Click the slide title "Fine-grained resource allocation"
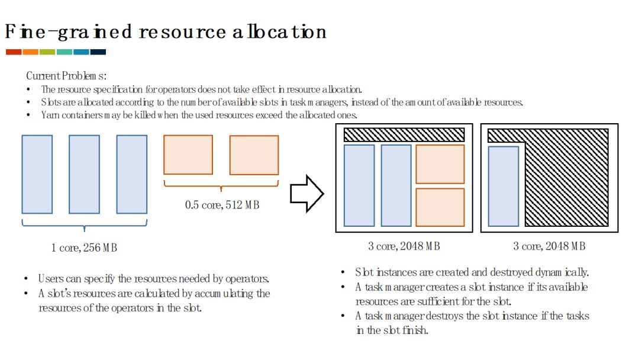[165, 31]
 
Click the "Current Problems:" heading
[66, 76]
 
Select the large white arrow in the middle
[306, 193]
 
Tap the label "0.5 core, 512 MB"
[222, 205]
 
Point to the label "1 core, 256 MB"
[84, 247]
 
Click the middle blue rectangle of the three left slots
[84, 174]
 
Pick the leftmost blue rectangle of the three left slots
[37, 174]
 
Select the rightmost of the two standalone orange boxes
[254, 155]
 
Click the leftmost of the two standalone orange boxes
[188, 155]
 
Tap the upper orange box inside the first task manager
[440, 164]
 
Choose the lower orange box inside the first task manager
[440, 207]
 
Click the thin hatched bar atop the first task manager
[404, 134]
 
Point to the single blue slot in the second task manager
[503, 186]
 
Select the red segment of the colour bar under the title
[14, 52]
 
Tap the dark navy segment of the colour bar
[98, 52]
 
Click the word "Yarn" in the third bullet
[50, 115]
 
